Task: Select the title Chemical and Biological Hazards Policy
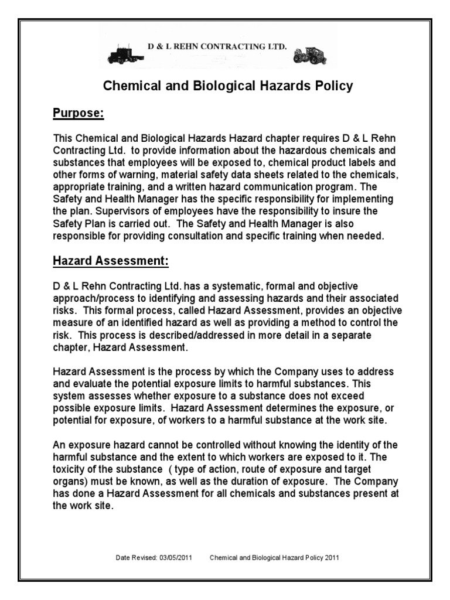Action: [228, 86]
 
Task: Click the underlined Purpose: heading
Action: [79, 113]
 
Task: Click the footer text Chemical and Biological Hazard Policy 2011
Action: [274, 558]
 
